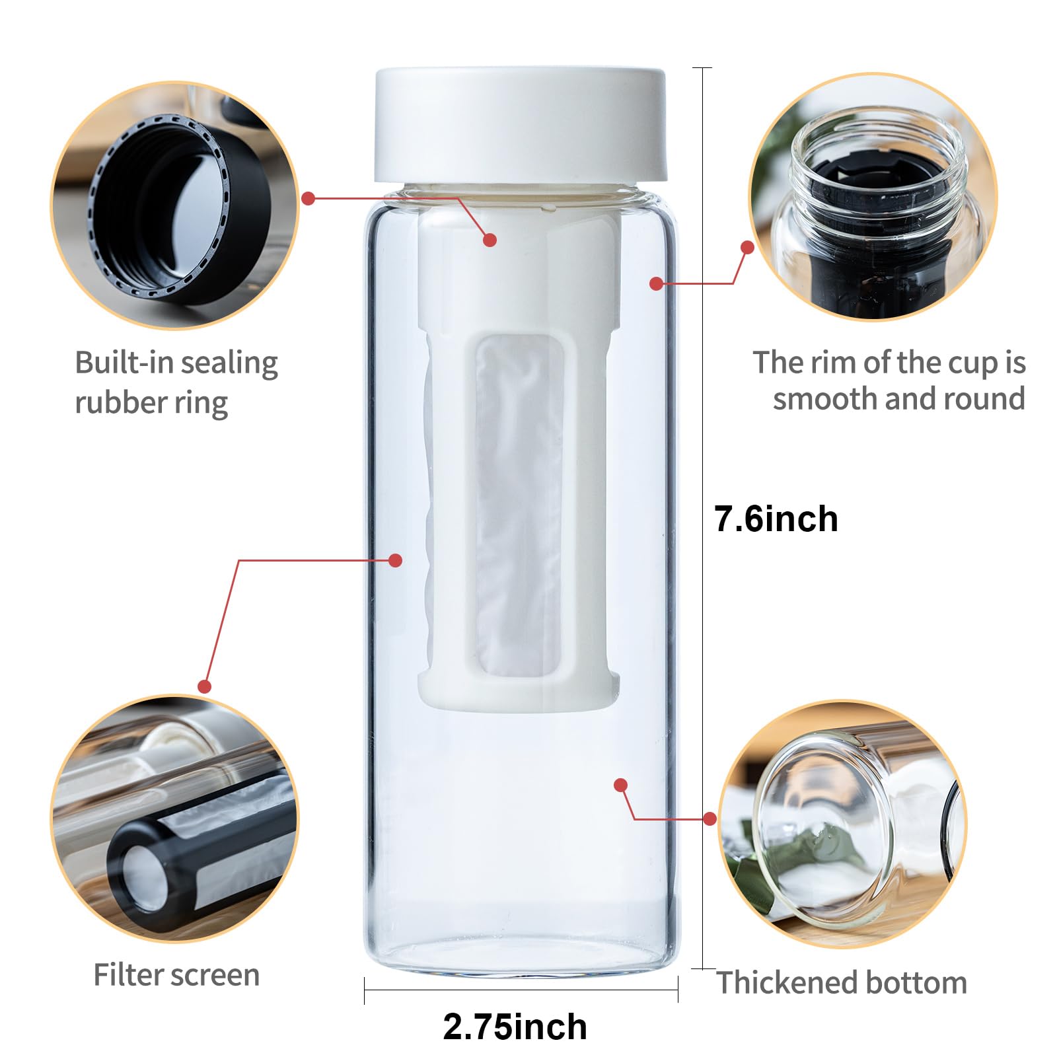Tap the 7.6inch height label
(x=776, y=519)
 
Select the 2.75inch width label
(x=515, y=1027)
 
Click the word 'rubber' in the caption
(x=115, y=402)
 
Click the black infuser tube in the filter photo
(x=198, y=859)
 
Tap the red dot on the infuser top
(x=490, y=240)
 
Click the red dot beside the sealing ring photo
(x=309, y=198)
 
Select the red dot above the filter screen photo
(x=204, y=686)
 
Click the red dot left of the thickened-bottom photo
(x=710, y=819)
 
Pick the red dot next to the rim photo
(x=747, y=247)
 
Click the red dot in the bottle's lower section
(x=620, y=785)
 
